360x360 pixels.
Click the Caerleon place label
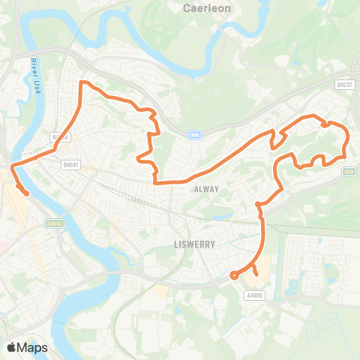(206, 9)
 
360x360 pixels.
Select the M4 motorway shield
(195, 135)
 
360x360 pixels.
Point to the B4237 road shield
(344, 85)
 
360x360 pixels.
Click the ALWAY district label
(205, 189)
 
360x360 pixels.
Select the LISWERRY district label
(184, 245)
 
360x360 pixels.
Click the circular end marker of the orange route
(234, 275)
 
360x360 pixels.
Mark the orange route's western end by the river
(27, 193)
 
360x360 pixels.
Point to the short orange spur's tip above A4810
(257, 275)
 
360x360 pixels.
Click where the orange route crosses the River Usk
(16, 162)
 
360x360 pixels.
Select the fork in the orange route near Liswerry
(253, 265)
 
